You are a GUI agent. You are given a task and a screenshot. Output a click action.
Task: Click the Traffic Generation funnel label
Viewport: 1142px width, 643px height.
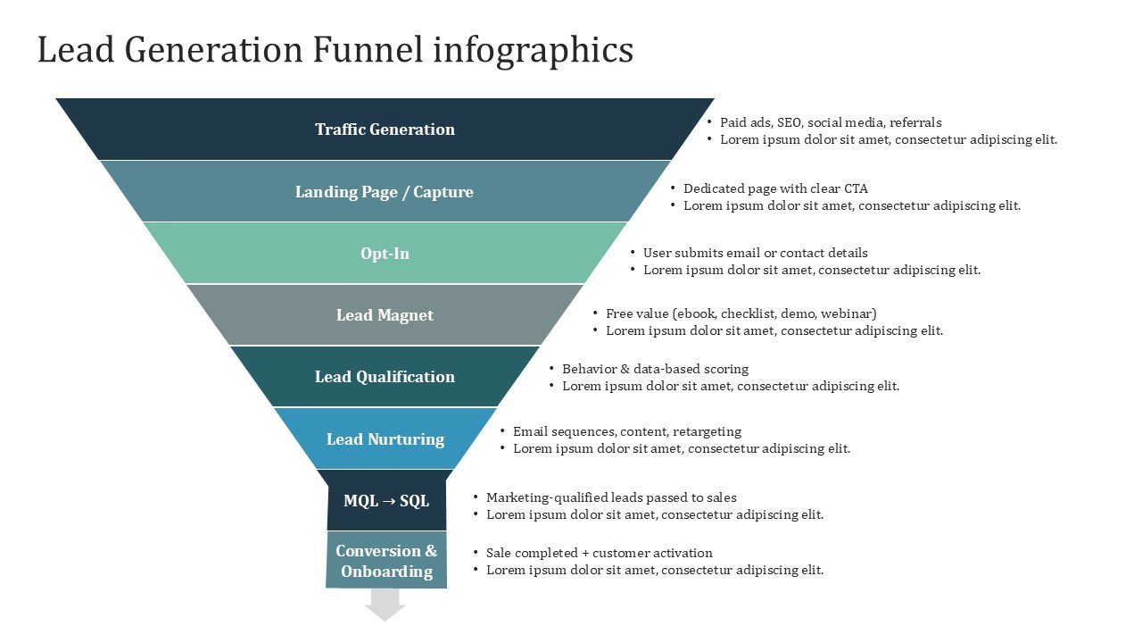pos(385,129)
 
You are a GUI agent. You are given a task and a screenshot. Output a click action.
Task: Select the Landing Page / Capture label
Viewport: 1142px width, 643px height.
pos(385,192)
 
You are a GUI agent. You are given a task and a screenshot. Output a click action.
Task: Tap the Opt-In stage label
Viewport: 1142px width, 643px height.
pos(385,254)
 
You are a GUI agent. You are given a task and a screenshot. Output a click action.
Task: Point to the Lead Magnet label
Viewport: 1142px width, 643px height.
pos(385,315)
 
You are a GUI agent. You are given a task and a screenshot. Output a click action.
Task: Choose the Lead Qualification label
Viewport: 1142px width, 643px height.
pos(385,377)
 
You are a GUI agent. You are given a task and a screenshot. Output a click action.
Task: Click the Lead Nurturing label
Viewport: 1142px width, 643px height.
pos(385,439)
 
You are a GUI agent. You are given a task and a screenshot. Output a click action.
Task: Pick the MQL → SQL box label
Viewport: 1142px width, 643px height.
pos(386,501)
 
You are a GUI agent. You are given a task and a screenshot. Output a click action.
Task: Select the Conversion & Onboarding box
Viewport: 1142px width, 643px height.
pos(386,561)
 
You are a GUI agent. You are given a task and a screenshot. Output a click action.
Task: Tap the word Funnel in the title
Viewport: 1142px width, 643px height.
pos(368,50)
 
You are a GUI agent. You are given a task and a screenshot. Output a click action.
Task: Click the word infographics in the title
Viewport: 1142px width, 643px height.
pos(533,50)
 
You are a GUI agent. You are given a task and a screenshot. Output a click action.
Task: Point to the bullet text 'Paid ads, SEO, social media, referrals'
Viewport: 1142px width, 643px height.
pos(830,122)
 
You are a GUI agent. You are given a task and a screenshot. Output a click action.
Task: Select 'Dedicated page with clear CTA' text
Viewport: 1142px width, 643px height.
pos(774,188)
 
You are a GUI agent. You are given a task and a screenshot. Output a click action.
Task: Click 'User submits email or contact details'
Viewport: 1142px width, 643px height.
pos(755,253)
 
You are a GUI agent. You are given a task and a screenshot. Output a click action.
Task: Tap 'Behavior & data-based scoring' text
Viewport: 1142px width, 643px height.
pos(655,369)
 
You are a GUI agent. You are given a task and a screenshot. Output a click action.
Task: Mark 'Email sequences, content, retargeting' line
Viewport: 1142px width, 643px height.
pos(626,431)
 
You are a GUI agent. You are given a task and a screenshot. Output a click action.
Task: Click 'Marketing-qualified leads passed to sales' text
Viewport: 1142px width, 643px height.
pos(611,497)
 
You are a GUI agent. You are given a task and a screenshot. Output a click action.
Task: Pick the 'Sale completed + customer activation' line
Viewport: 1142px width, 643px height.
pos(599,553)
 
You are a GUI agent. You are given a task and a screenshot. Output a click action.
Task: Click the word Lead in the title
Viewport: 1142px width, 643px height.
pos(76,50)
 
